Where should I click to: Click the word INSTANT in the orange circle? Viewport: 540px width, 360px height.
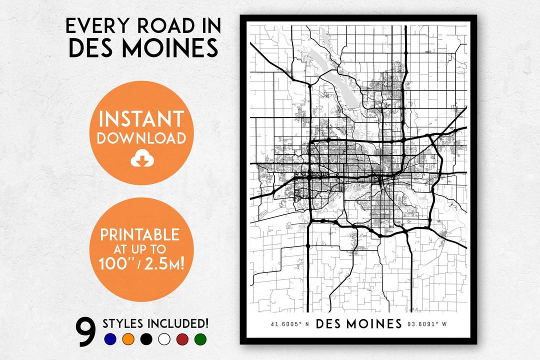[141, 119]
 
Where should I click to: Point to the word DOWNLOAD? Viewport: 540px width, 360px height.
[141, 138]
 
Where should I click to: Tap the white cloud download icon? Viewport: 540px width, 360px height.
[141, 159]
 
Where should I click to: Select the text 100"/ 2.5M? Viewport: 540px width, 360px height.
[141, 263]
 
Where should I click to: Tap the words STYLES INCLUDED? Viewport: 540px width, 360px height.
[155, 323]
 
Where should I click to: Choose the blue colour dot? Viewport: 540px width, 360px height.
[110, 339]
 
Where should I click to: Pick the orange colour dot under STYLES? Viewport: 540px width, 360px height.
[128, 339]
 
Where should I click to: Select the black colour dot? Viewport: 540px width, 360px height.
[146, 339]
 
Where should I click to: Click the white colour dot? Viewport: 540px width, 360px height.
[164, 339]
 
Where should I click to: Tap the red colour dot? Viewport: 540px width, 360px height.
[182, 339]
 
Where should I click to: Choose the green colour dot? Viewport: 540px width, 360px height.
[200, 339]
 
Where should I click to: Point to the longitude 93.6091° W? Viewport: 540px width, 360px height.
[427, 324]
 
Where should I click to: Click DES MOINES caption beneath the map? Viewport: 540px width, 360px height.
[358, 323]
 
